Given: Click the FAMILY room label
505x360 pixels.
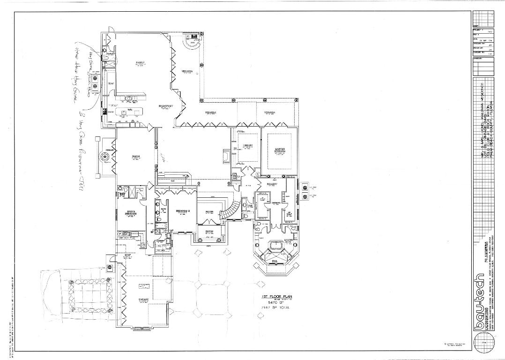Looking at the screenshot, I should pos(139,62).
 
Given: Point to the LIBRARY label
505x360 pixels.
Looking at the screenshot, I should pos(247,146).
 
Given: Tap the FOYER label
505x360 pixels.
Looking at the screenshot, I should pos(209,211).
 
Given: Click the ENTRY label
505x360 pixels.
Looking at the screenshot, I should pos(209,231).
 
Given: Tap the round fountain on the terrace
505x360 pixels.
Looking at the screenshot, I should pos(104,157).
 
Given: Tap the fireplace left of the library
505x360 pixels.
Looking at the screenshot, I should pos(227,156).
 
